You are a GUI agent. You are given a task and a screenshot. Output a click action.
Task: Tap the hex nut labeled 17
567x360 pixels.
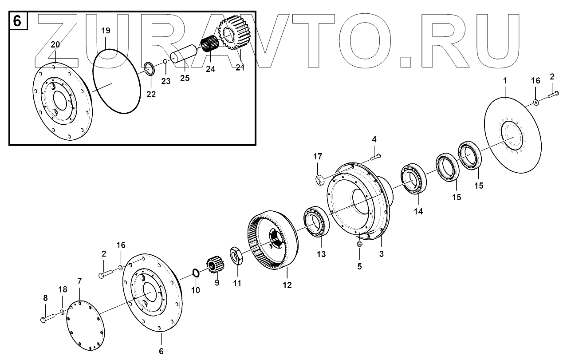coord(319,180)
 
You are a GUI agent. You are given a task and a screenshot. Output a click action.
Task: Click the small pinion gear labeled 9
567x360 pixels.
coord(215,265)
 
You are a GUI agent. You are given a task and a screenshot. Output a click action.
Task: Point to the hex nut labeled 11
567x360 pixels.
coord(236,256)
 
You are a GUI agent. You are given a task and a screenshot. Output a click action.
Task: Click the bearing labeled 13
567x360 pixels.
coord(316,221)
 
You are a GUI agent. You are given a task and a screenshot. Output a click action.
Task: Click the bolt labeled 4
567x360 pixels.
coord(375,156)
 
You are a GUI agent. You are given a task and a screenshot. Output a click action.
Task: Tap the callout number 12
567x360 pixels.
coord(287,285)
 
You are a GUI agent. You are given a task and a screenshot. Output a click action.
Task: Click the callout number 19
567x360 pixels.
coord(106,31)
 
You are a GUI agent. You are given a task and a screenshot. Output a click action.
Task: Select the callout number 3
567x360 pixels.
coord(381,254)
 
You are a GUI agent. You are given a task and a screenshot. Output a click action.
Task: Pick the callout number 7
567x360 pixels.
coord(79,281)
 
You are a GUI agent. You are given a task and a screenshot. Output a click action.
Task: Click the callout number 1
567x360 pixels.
coord(504,81)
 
